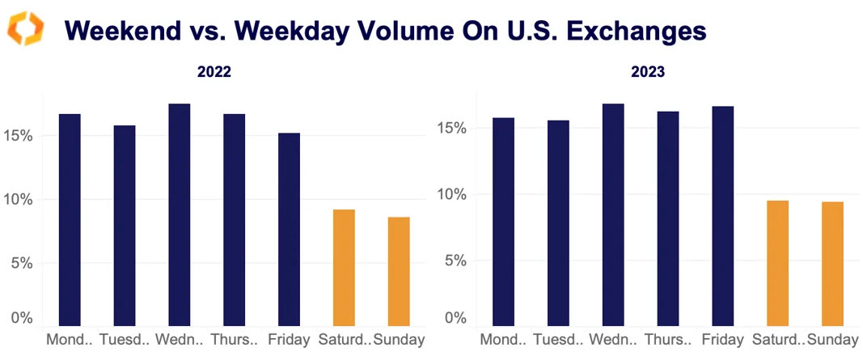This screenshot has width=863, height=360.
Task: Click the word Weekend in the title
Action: (x=114, y=30)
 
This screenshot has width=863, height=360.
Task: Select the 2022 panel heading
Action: (x=214, y=72)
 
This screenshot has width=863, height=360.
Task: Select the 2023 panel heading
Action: (x=648, y=72)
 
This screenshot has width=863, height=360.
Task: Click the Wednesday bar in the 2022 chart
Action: (x=179, y=215)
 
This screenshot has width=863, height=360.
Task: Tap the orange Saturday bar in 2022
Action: (x=344, y=268)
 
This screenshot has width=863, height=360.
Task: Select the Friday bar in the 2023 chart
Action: (x=723, y=217)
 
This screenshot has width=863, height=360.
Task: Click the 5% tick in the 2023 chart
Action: (x=456, y=261)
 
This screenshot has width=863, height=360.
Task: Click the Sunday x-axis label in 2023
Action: (x=832, y=340)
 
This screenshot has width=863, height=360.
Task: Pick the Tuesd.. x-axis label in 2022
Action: (x=125, y=340)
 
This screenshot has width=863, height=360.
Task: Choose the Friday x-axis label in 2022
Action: (x=289, y=340)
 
